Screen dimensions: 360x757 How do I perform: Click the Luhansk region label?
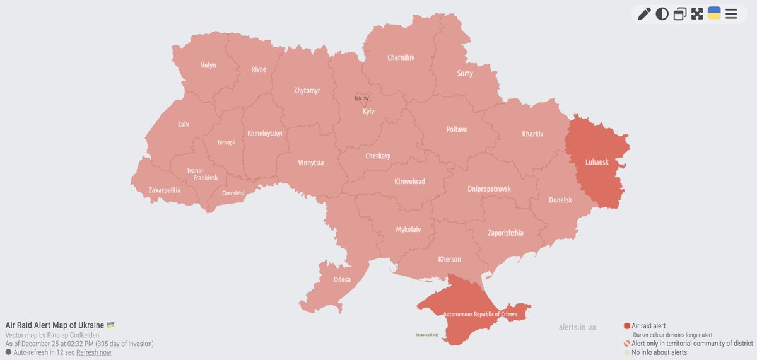click(597, 162)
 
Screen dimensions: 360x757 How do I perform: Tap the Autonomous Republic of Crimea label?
click(479, 313)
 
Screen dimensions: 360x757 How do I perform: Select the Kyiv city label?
click(361, 98)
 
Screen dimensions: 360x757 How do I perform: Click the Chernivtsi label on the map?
click(233, 193)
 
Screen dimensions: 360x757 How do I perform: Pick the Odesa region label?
click(343, 279)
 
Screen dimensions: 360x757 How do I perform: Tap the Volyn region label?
click(208, 66)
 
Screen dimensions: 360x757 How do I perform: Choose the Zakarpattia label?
click(165, 189)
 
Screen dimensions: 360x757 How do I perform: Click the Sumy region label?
click(465, 73)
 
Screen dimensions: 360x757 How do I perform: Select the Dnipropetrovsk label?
click(489, 189)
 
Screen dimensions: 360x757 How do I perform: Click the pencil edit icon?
click(643, 14)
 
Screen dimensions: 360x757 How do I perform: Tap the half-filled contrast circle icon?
click(662, 14)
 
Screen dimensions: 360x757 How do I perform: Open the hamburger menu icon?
click(731, 14)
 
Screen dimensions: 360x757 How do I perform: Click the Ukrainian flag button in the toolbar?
click(714, 13)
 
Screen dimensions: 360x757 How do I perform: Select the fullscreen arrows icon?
click(697, 14)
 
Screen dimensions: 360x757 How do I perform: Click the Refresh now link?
click(93, 352)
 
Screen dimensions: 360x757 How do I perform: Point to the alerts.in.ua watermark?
click(577, 327)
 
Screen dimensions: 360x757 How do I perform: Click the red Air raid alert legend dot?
click(627, 326)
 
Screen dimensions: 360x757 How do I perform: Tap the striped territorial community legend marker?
click(627, 344)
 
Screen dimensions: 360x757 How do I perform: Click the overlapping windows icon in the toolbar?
click(679, 14)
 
